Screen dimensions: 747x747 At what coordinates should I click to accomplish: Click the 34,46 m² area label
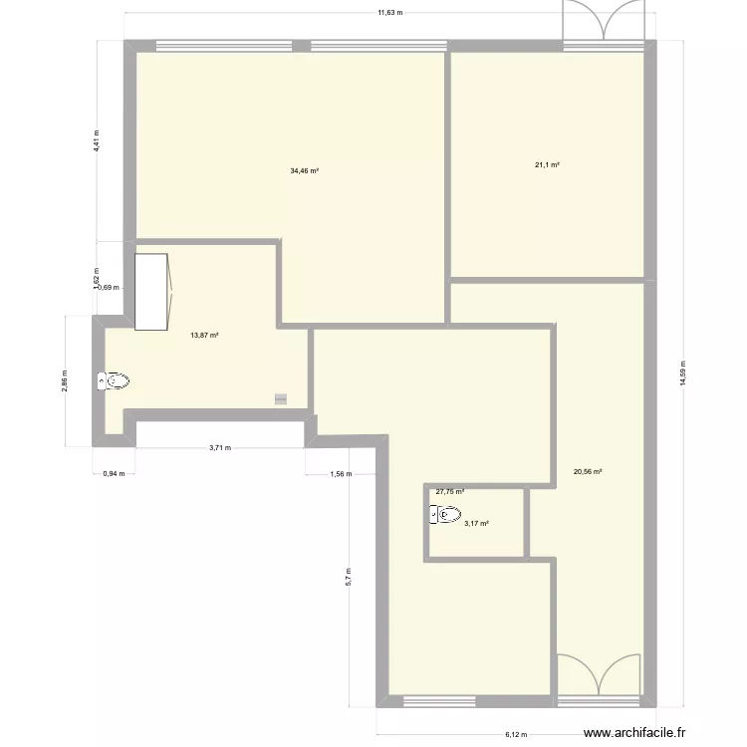coord(304,171)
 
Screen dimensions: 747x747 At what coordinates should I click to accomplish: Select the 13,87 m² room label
coord(204,336)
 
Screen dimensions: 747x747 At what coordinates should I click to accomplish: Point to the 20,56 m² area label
coord(588,472)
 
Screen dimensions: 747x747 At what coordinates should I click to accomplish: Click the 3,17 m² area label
coord(475,523)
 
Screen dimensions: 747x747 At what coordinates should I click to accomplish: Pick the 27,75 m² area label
coord(449,491)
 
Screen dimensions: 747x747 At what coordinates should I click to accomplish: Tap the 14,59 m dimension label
coord(683,366)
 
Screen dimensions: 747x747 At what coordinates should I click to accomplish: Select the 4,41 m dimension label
coord(97,139)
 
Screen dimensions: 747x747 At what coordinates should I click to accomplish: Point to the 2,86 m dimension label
coord(65,381)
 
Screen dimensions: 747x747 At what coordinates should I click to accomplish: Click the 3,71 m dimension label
coord(220,448)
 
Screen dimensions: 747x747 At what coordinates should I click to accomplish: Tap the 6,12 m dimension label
coord(516,735)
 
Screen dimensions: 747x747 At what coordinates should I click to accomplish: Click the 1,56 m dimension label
coord(341,474)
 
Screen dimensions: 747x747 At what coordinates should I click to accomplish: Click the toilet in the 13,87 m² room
coord(115,380)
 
